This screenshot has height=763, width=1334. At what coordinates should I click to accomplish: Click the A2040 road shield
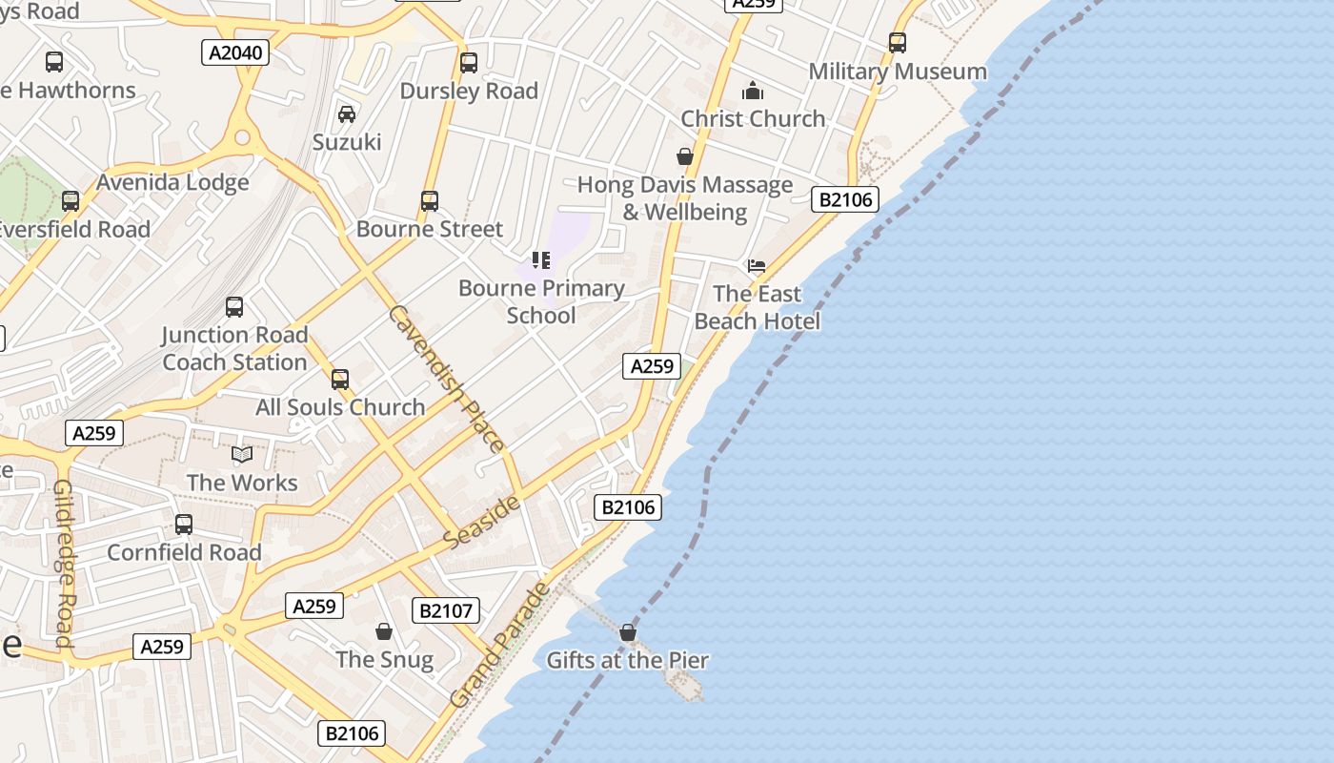tap(235, 52)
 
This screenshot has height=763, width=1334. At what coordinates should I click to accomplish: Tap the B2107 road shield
tap(446, 610)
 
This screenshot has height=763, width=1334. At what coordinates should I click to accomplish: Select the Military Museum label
tap(898, 72)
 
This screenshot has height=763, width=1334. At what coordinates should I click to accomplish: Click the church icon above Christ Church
tap(753, 91)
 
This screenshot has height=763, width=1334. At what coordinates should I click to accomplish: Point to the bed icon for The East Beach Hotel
tap(757, 265)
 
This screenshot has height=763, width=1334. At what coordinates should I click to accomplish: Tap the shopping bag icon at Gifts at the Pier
tap(627, 632)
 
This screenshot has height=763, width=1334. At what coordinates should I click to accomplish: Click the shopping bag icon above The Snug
tap(384, 631)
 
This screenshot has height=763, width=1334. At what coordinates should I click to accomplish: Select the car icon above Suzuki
tap(347, 114)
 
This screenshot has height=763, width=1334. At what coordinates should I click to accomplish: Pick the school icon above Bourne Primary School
tap(541, 260)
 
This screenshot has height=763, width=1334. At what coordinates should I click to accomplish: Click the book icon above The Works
tap(242, 455)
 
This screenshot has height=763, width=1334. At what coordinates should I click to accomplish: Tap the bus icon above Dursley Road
tap(469, 63)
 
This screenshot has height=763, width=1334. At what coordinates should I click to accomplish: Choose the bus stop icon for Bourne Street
tap(430, 201)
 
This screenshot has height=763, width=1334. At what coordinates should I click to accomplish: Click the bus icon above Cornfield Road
tap(184, 525)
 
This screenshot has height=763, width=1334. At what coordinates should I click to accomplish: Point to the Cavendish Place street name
tap(446, 379)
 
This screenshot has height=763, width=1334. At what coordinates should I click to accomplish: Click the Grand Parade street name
tap(500, 645)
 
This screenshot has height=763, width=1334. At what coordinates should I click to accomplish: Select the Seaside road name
tap(483, 522)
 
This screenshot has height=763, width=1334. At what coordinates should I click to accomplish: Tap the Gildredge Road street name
tap(64, 563)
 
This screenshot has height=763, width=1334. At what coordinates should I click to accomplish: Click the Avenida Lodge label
tap(172, 182)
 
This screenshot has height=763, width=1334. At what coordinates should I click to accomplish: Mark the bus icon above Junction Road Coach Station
tap(234, 307)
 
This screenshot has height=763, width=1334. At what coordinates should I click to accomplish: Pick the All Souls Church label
tap(340, 407)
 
